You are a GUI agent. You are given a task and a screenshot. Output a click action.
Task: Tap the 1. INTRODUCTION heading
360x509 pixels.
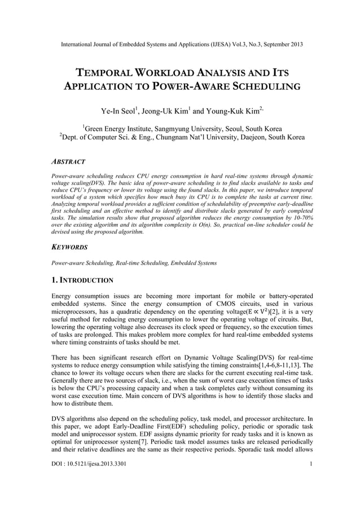point(82,280)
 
